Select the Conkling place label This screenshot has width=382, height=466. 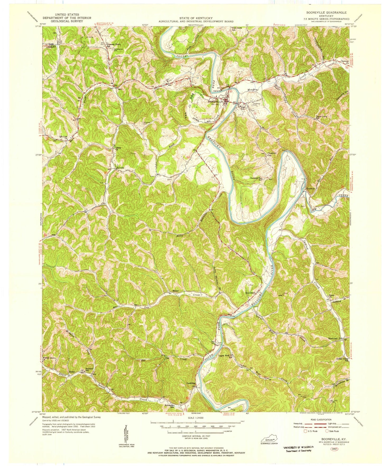coord(191,383)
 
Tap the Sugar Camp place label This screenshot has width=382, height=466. coord(322,116)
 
